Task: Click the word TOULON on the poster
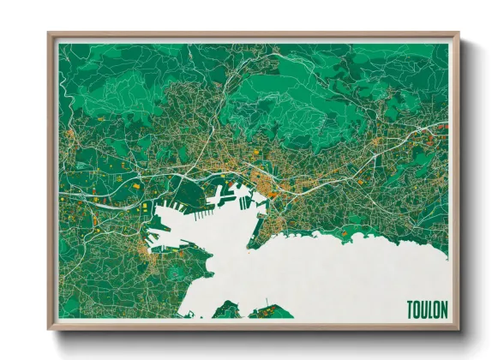coord(428,309)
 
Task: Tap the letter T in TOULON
coord(411,309)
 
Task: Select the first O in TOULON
coord(417,309)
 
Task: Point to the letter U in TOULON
coord(425,309)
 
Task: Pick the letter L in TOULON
coord(432,309)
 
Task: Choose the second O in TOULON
coord(438,309)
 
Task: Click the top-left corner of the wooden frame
coord(50,34)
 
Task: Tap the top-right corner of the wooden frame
coord(458,34)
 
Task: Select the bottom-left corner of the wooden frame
coord(50,328)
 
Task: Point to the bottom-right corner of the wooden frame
coord(458,328)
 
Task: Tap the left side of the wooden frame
coord(51,180)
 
